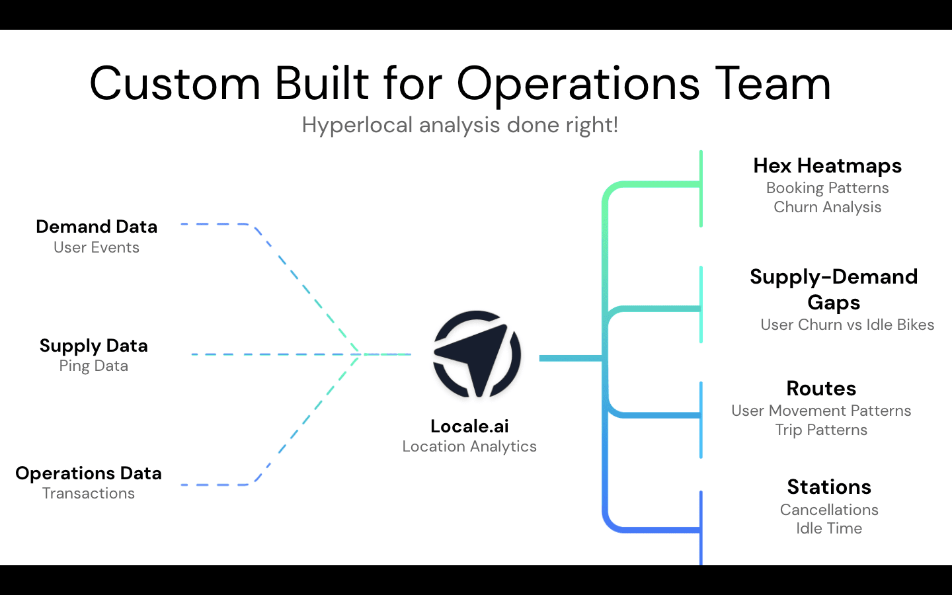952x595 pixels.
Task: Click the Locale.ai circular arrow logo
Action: pos(477,354)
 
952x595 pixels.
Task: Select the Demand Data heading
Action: pos(97,227)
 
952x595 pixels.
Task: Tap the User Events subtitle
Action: pos(97,247)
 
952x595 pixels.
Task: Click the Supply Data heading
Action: pos(93,346)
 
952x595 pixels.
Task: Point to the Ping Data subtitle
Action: pos(93,366)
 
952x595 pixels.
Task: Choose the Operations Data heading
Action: pos(89,473)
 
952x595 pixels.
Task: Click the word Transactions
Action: pos(89,493)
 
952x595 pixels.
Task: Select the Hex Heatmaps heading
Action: pos(827,165)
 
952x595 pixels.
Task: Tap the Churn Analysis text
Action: pos(827,207)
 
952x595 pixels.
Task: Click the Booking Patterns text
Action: pos(827,188)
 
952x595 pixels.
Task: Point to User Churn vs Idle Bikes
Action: pos(847,325)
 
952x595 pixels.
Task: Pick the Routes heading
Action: pos(821,388)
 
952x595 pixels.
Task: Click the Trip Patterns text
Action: pos(821,430)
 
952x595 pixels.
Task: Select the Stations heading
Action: pos(829,487)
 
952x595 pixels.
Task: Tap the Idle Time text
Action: pos(829,528)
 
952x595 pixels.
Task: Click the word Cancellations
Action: pos(829,510)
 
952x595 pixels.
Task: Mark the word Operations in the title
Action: pos(578,84)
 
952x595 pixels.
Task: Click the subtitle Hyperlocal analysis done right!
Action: pos(460,125)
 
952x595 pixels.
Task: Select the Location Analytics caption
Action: pos(469,446)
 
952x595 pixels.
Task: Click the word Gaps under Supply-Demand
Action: pos(834,303)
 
